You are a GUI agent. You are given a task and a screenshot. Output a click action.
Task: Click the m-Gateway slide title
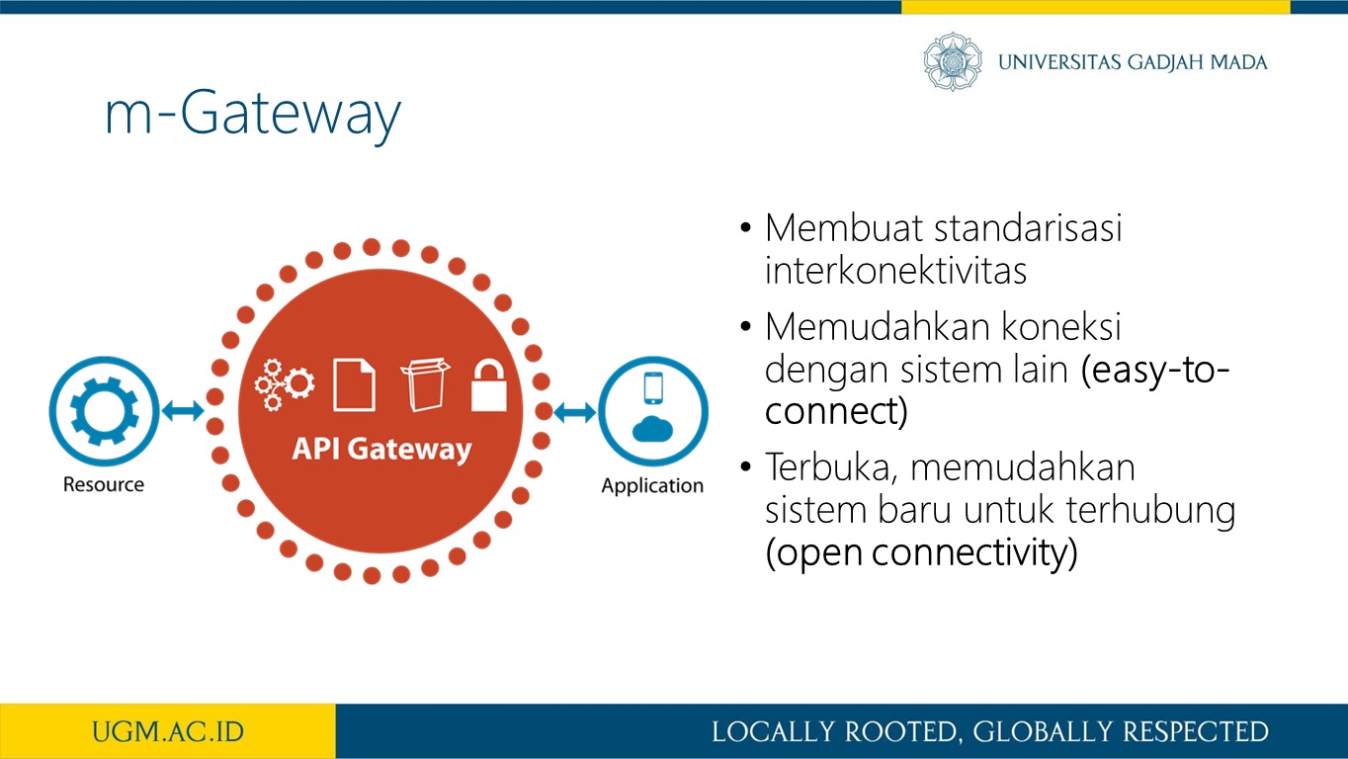[x=253, y=115]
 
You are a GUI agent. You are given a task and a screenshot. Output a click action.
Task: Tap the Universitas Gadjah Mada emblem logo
[x=953, y=61]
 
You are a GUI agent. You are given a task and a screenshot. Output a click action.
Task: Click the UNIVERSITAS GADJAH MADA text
[x=1133, y=62]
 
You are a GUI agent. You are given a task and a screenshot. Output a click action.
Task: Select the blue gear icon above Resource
[x=104, y=411]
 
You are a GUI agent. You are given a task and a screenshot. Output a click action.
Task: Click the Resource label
[x=104, y=484]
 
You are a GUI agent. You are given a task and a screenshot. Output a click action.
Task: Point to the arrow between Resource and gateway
[x=183, y=411]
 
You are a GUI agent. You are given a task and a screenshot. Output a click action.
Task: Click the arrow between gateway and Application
[x=575, y=412]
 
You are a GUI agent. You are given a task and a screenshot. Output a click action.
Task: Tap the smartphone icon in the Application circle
[x=653, y=388]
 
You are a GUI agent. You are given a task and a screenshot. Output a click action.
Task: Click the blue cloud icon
[x=652, y=429]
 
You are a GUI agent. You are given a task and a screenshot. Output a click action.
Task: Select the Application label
[x=652, y=485]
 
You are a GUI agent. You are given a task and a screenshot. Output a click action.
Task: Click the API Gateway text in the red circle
[x=381, y=450]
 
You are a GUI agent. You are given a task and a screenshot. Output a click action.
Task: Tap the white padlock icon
[x=488, y=385]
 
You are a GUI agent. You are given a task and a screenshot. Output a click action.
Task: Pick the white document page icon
[x=355, y=385]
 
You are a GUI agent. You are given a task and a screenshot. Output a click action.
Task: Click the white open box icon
[x=425, y=384]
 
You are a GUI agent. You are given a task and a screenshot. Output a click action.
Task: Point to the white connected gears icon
[x=284, y=384]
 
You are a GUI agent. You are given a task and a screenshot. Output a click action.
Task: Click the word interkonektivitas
[x=895, y=271]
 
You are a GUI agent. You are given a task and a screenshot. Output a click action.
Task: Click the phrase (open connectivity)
[x=921, y=552]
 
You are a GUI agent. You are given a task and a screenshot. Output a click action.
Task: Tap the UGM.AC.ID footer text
[x=168, y=732]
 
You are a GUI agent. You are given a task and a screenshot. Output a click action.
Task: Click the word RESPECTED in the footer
[x=1195, y=732]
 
